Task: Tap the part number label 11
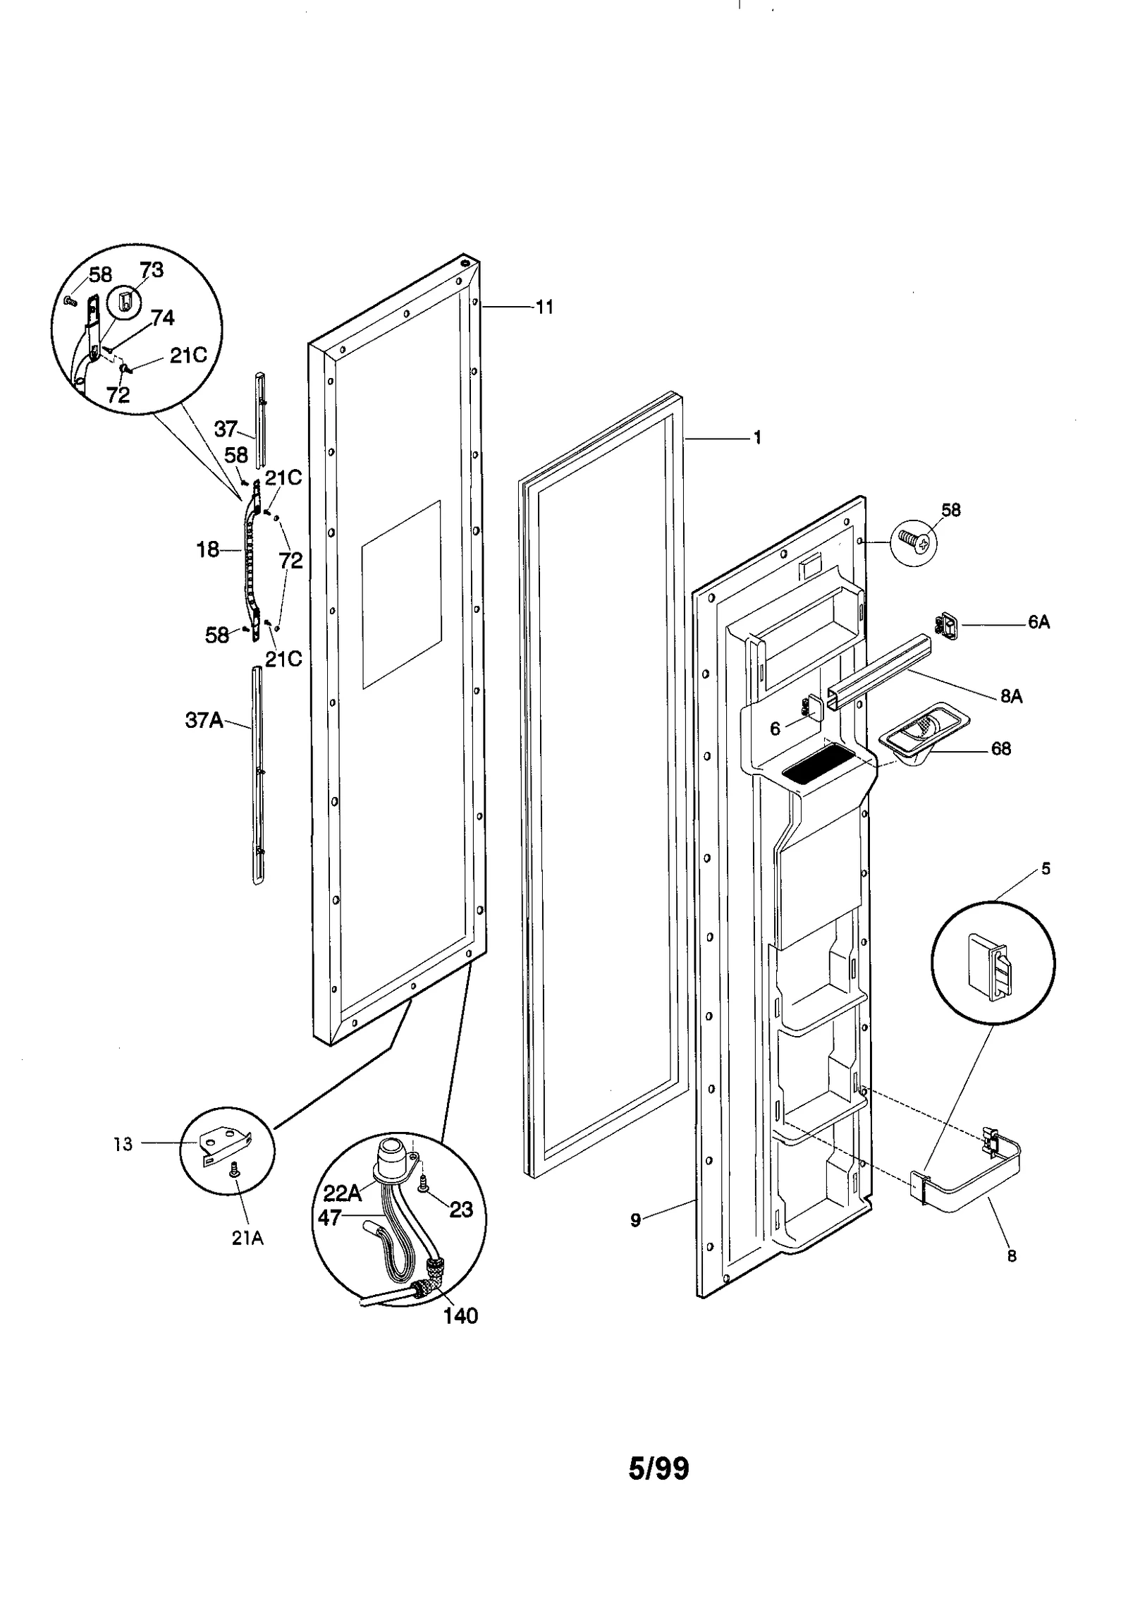click(x=544, y=307)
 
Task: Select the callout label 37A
click(x=204, y=720)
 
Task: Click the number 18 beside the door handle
click(x=208, y=549)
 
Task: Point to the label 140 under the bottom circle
click(x=460, y=1315)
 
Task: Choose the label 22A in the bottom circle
click(x=343, y=1193)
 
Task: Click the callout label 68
click(x=1001, y=748)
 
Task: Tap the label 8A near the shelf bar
click(x=1011, y=696)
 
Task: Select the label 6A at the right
click(x=1038, y=621)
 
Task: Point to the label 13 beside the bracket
click(x=123, y=1144)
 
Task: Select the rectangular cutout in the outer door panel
click(x=401, y=594)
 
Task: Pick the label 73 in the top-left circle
click(x=152, y=270)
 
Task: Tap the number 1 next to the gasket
click(x=757, y=437)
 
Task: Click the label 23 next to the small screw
click(x=461, y=1209)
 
